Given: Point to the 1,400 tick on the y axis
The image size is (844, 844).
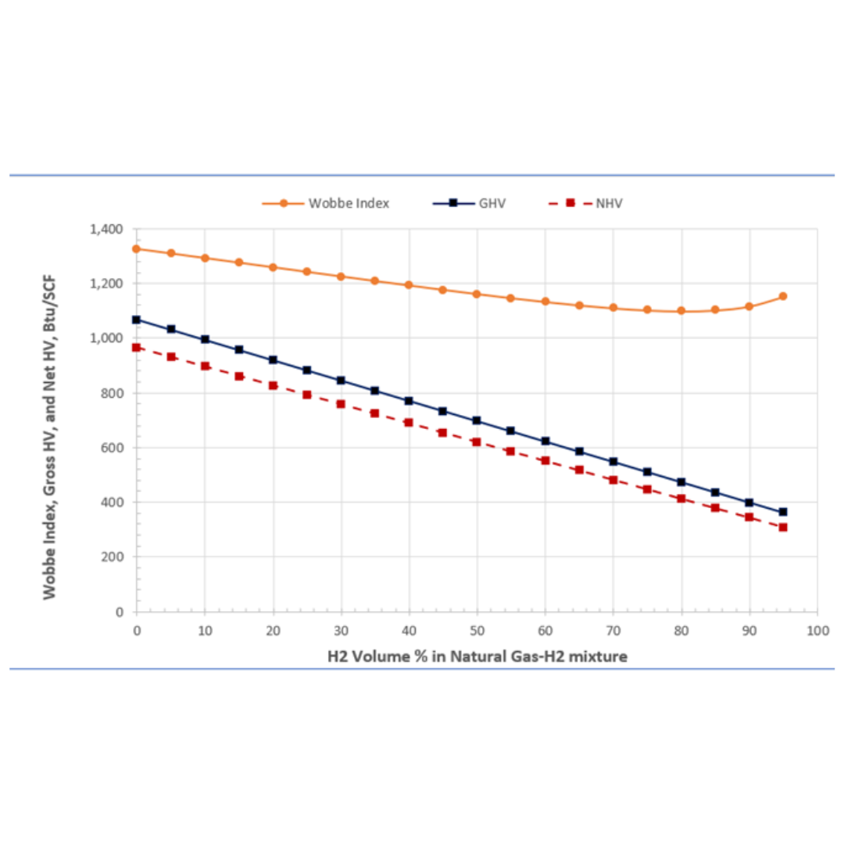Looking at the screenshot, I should tap(107, 229).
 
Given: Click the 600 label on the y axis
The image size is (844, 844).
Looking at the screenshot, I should tap(115, 448).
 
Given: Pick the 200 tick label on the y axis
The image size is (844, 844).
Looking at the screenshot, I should tap(115, 557).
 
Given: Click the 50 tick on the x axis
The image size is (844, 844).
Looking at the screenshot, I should tap(477, 628).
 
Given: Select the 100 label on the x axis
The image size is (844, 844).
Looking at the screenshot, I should tap(817, 628).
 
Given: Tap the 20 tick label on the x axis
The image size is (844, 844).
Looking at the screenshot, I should tap(273, 628).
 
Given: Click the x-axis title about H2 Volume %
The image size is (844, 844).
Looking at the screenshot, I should tap(477, 656).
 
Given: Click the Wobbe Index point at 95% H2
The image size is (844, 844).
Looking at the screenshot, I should tap(783, 296).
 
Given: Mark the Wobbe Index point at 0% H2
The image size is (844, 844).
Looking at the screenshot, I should tap(137, 249).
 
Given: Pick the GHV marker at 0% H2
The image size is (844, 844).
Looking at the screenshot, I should tap(137, 320).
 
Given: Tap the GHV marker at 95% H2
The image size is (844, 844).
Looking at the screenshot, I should tap(783, 512).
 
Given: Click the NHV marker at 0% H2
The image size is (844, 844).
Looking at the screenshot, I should tap(137, 347).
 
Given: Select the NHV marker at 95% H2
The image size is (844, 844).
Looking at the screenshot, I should tap(783, 527).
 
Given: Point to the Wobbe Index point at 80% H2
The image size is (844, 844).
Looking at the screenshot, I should tap(681, 310).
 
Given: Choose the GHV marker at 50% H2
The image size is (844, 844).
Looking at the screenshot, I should tap(477, 420).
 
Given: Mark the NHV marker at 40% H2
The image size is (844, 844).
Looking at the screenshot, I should tap(409, 422).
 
